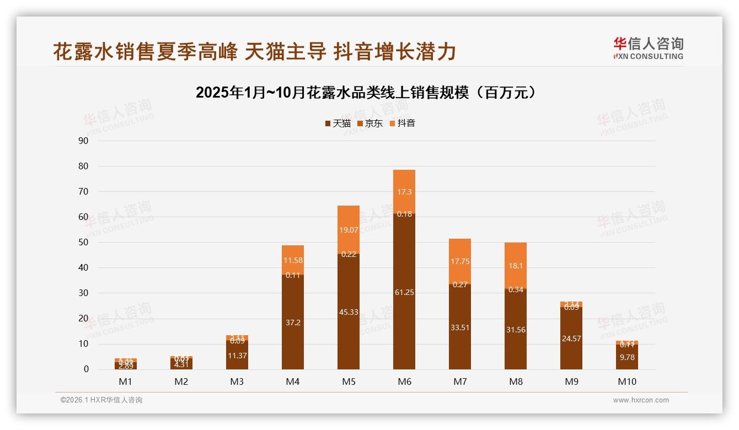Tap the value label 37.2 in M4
[x=293, y=322]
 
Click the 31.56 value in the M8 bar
[x=516, y=330]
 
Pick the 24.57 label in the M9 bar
[x=571, y=338]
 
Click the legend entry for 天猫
[x=338, y=123]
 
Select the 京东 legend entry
[x=370, y=123]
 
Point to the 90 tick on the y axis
[x=83, y=141]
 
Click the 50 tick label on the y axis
[x=83, y=242]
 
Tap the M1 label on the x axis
[x=126, y=381]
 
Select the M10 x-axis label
[x=626, y=381]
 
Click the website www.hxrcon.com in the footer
[x=641, y=400]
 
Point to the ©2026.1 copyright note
[x=101, y=400]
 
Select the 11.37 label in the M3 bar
[x=237, y=356]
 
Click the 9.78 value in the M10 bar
[x=627, y=357]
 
